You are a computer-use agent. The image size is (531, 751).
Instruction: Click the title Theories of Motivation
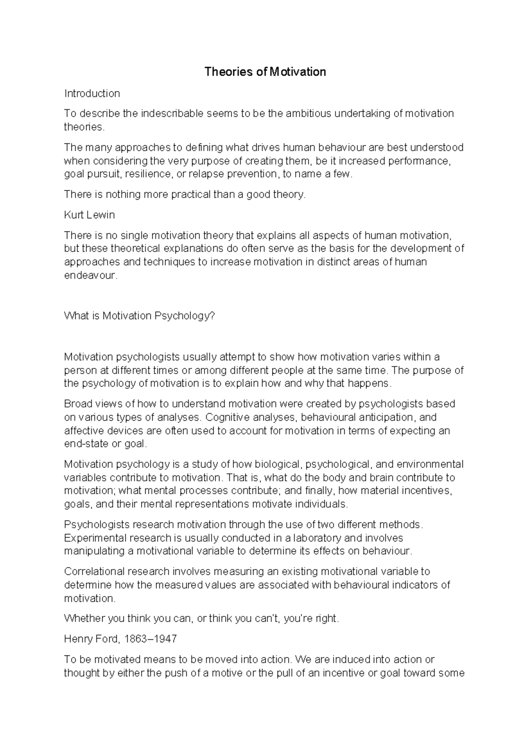tap(265, 72)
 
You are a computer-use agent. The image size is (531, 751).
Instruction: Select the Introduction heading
tap(92, 93)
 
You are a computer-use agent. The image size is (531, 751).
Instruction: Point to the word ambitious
tap(308, 114)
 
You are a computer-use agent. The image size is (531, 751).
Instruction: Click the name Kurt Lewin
tap(89, 215)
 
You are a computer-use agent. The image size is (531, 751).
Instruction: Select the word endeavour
tap(90, 275)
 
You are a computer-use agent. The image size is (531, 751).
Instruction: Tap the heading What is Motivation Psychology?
tap(139, 316)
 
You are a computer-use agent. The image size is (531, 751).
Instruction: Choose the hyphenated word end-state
tap(86, 444)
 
